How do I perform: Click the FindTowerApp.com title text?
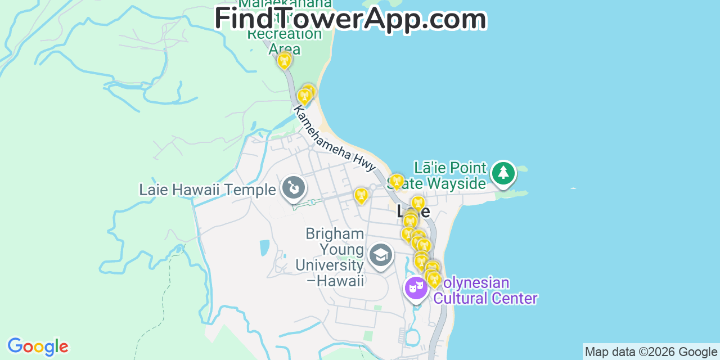click(x=350, y=19)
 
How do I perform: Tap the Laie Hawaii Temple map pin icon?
click(x=293, y=188)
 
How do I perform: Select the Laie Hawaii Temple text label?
click(x=208, y=190)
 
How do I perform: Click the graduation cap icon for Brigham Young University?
click(x=380, y=255)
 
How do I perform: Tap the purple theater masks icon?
click(x=416, y=289)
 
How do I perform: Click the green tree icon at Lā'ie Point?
click(x=503, y=173)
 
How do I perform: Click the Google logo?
click(x=38, y=346)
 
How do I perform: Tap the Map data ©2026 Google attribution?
click(x=651, y=352)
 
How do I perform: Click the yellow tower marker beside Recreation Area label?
click(x=284, y=60)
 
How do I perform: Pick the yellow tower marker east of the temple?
click(x=361, y=195)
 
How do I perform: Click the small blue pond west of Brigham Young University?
click(x=264, y=247)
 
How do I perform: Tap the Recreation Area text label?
click(x=285, y=41)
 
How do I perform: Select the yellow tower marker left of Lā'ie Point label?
click(x=397, y=181)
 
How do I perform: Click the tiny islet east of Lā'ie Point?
click(x=573, y=188)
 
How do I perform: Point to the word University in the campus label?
click(x=330, y=265)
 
